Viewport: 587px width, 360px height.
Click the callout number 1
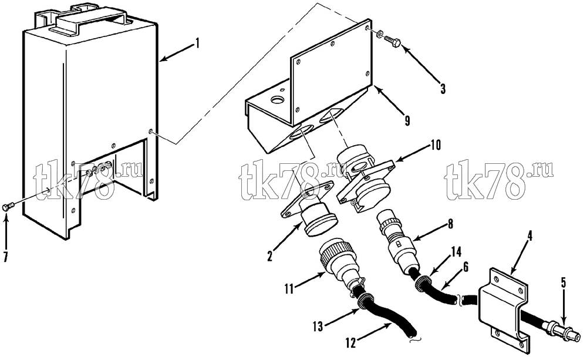point(196,44)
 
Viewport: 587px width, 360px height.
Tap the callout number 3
point(443,89)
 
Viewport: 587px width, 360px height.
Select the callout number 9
point(407,121)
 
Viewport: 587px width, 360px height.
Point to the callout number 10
point(436,144)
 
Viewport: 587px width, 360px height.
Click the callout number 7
point(6,257)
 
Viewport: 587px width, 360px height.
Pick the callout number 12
point(351,344)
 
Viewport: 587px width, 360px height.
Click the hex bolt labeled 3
point(392,39)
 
